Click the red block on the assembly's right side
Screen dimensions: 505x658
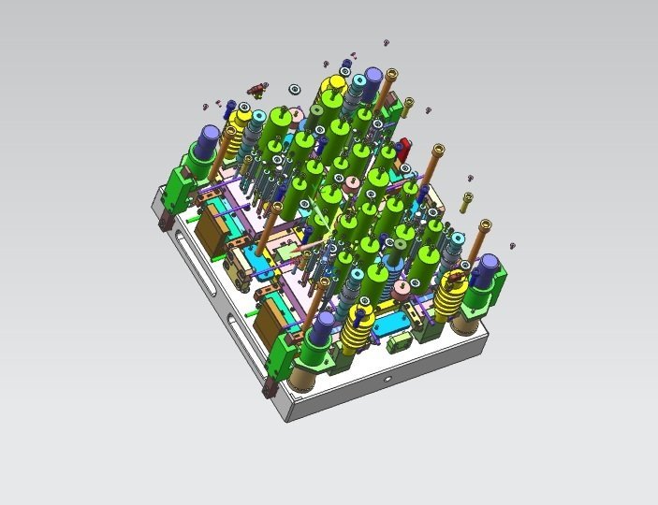click(x=404, y=148)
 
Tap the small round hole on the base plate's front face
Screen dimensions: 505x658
click(x=388, y=381)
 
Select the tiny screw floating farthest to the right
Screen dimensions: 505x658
click(x=513, y=246)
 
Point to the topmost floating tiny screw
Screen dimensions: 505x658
click(x=386, y=43)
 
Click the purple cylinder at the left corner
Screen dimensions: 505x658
click(x=209, y=138)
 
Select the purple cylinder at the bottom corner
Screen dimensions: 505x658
click(x=323, y=325)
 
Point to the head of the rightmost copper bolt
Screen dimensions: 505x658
click(x=485, y=224)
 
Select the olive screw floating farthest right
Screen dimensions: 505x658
click(x=467, y=197)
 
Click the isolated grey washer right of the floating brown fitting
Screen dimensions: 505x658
click(x=294, y=89)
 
